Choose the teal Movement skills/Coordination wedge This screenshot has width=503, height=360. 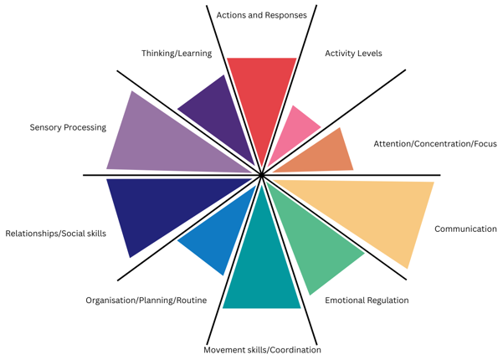[262, 268]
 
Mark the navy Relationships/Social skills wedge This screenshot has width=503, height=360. [159, 209]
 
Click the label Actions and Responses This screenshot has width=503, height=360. [261, 15]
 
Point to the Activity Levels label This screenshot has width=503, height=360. [353, 54]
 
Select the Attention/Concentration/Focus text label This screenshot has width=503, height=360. [434, 144]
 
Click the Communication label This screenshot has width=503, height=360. [465, 229]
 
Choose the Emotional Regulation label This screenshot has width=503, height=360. [367, 301]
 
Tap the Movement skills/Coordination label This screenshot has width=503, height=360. [262, 350]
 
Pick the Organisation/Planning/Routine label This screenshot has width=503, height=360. [146, 301]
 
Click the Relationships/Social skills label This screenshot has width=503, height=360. [55, 234]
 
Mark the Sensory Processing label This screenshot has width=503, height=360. [68, 128]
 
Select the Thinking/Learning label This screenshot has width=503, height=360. [177, 54]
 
